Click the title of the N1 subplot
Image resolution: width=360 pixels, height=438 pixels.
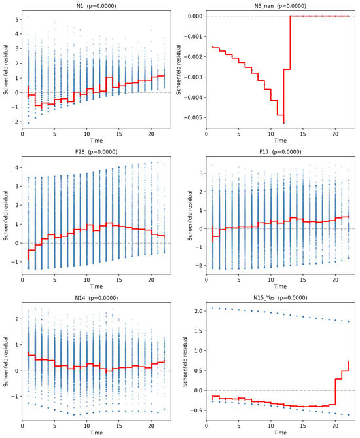[96, 6]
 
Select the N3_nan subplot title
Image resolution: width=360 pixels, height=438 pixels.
[280, 6]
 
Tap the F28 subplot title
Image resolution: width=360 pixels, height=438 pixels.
[96, 152]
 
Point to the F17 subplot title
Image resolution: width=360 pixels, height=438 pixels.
[280, 152]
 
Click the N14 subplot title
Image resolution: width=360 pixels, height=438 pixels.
[96, 298]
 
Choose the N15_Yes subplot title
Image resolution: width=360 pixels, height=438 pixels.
[280, 298]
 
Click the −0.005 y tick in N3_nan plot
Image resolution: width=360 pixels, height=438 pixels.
[192, 117]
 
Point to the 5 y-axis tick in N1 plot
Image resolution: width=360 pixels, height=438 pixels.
[17, 20]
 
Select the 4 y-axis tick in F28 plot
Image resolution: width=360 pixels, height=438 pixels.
[17, 168]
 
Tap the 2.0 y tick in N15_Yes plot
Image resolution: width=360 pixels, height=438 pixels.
[198, 311]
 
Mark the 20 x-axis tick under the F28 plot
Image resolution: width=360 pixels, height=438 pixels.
[151, 280]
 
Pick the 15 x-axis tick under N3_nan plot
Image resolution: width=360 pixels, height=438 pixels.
[303, 134]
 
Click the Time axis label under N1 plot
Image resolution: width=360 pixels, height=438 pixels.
[96, 141]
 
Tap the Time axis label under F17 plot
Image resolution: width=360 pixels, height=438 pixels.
[280, 287]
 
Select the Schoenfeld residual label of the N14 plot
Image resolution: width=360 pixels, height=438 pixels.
[6, 361]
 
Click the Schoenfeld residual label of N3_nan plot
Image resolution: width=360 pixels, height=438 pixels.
[179, 69]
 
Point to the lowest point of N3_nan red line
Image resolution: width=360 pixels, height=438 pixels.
[284, 123]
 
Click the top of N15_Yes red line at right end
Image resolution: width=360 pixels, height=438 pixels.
[348, 361]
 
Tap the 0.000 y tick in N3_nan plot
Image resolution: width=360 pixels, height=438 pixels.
[195, 16]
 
